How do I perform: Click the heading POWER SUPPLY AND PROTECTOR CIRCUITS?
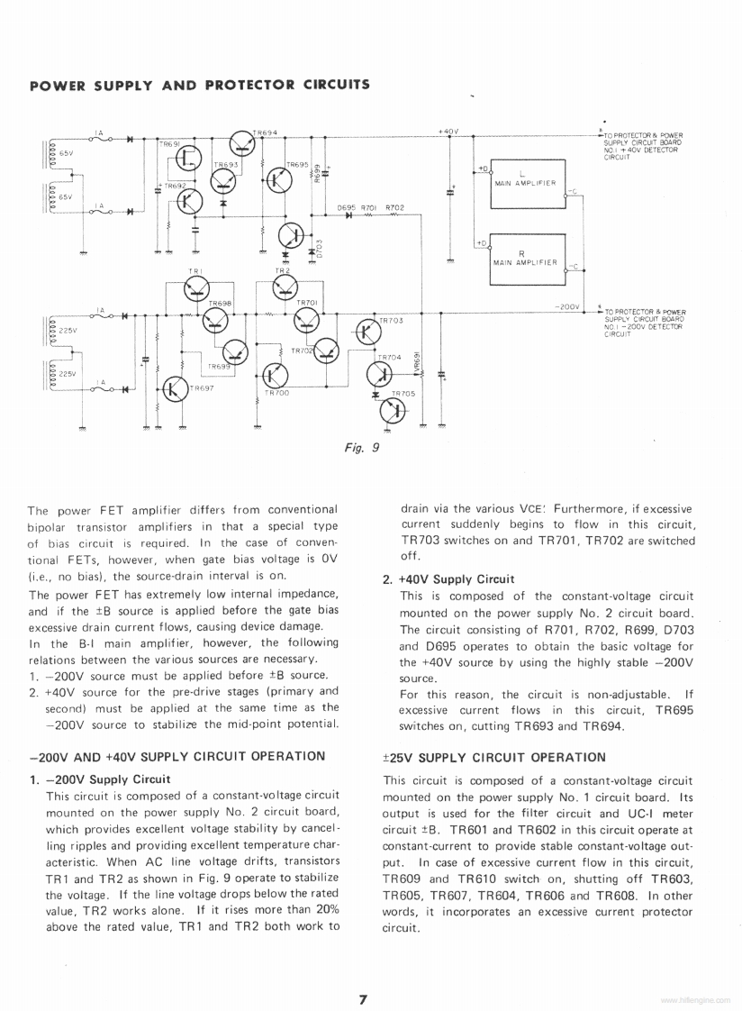[x=200, y=86]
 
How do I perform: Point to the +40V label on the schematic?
[x=448, y=132]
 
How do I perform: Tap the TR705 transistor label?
[x=403, y=394]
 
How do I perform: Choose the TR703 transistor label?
[x=391, y=320]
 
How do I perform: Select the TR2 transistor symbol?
[x=285, y=287]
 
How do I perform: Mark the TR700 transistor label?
[x=276, y=393]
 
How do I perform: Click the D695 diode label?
[x=347, y=207]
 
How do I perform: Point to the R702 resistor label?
[x=394, y=207]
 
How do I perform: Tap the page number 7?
[x=363, y=998]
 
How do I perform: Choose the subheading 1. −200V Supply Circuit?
[x=100, y=779]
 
